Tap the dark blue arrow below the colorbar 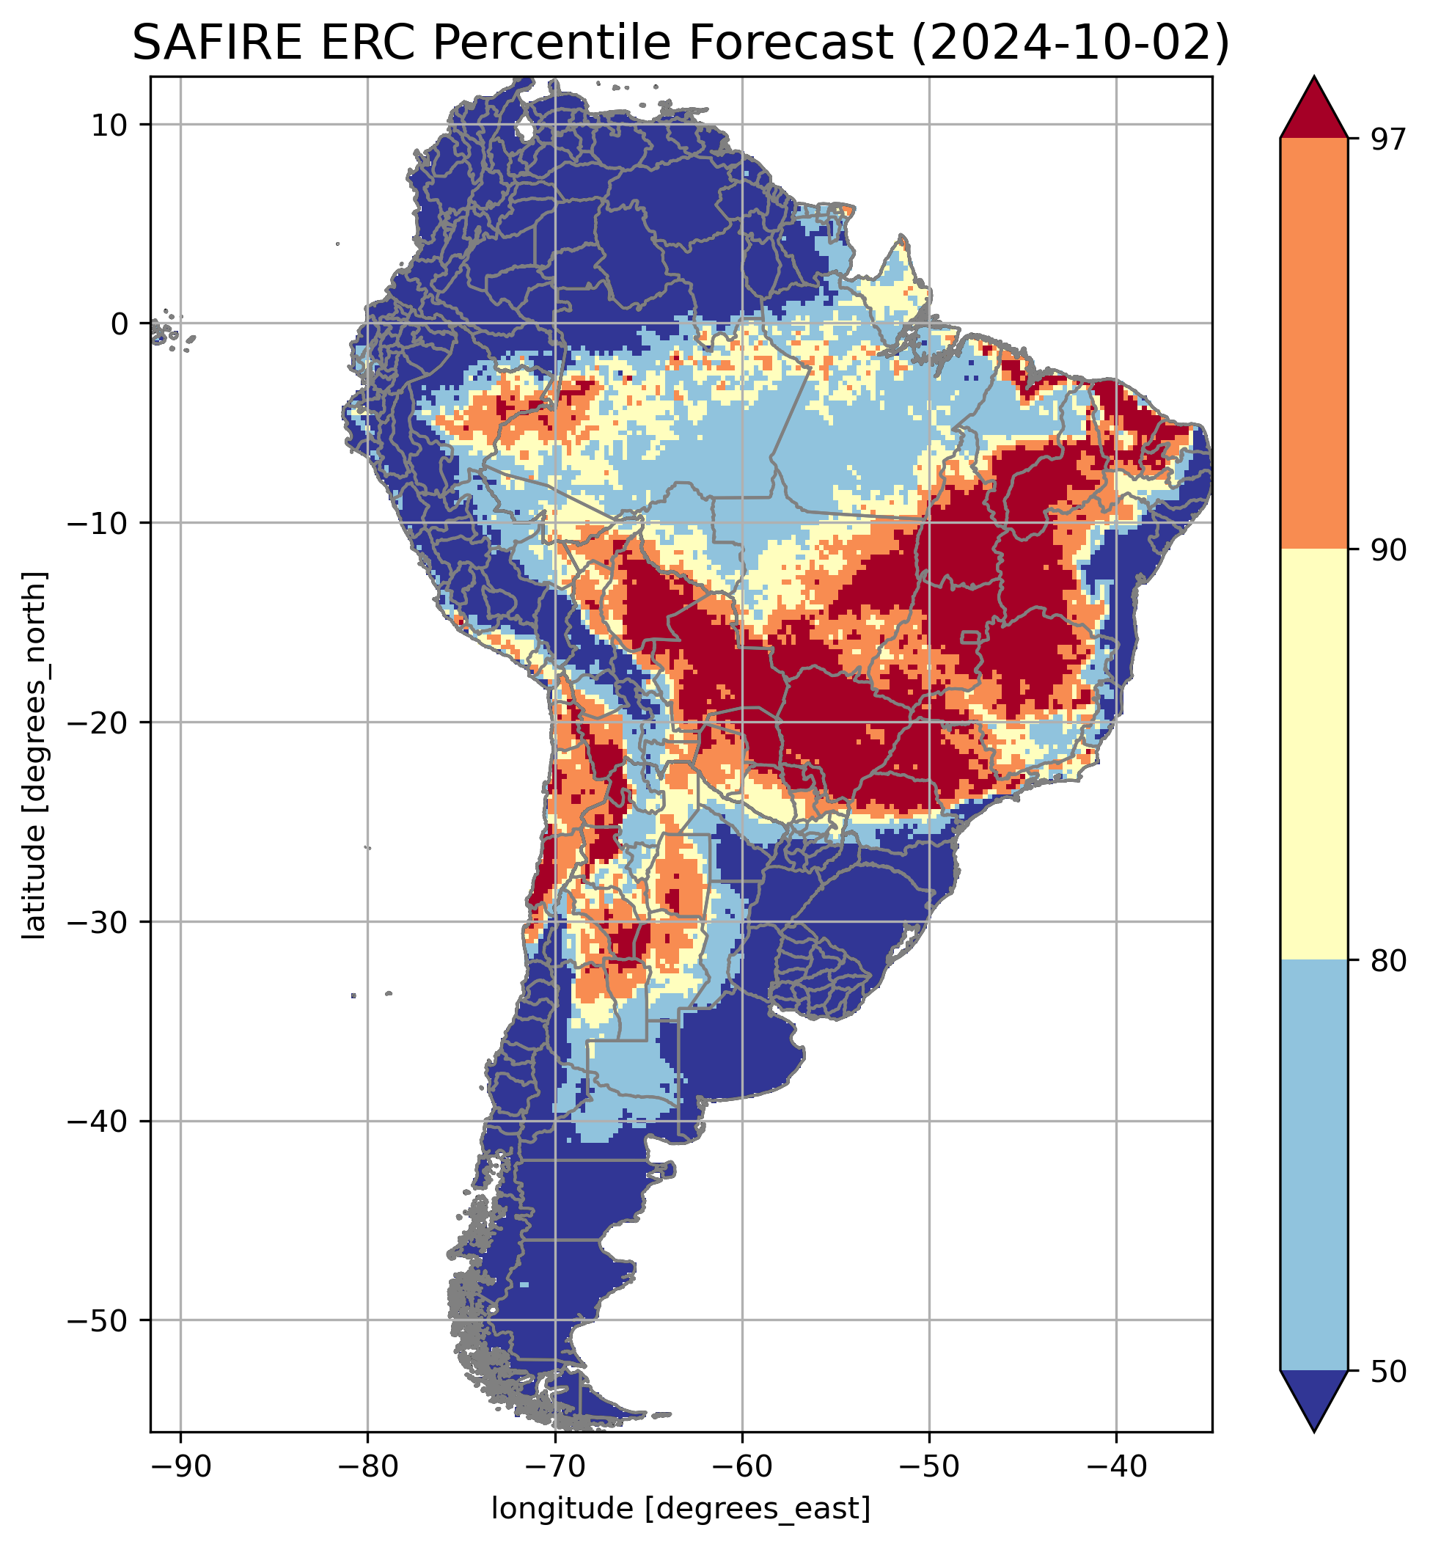pos(1314,1397)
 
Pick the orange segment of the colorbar pos(1314,344)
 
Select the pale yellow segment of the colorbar pos(1314,755)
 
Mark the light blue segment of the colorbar pos(1314,1165)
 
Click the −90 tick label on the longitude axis pos(180,1468)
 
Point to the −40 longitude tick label pos(1116,1468)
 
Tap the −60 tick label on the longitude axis pos(742,1468)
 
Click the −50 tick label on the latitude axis pos(98,1321)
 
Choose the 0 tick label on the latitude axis pos(119,324)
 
